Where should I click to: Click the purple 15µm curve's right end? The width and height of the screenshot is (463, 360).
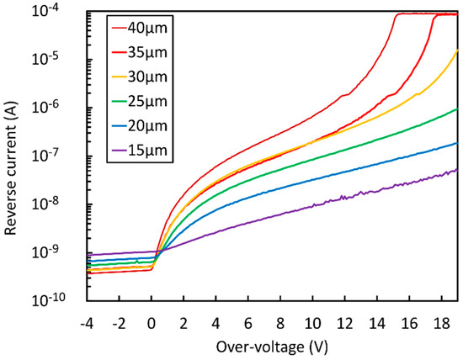coord(456,170)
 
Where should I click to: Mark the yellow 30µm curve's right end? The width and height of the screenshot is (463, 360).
coord(456,51)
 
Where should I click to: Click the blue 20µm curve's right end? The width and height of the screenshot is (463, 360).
coord(456,144)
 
